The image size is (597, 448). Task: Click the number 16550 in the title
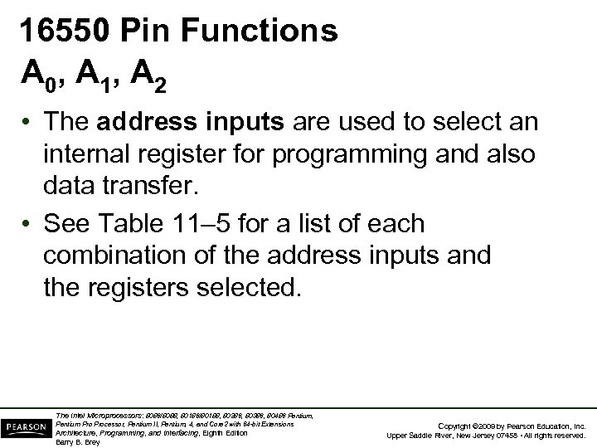point(66,31)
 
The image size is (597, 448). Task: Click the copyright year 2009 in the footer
point(477,425)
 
